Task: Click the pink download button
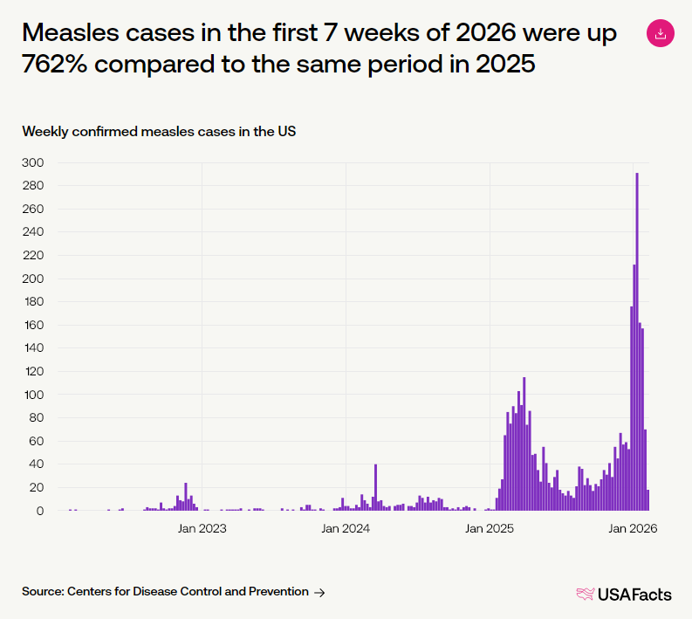coord(661,33)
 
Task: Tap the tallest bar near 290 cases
coord(637,341)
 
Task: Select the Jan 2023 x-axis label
coord(202,528)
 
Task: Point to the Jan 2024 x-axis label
coord(346,528)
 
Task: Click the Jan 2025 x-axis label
coord(490,528)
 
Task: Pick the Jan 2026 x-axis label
coord(633,528)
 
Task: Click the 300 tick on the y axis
coord(33,162)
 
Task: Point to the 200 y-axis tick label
coord(33,279)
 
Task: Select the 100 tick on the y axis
coord(34,395)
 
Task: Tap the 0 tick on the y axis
coord(40,511)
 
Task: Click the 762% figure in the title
coord(54,64)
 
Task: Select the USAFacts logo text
coord(634,595)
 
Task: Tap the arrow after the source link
coord(319,593)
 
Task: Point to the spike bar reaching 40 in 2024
coord(375,487)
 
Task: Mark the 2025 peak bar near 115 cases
coord(524,444)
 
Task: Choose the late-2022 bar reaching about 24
coord(186,497)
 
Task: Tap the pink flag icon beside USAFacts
coord(586,594)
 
